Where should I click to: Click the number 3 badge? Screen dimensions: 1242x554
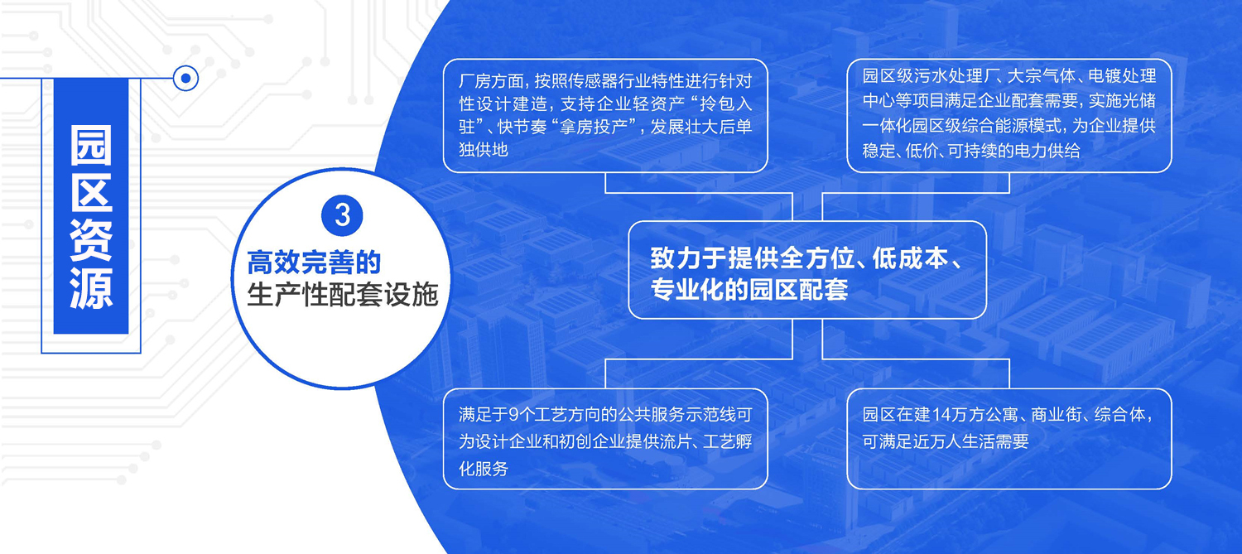click(x=342, y=215)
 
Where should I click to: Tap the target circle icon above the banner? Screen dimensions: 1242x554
click(x=185, y=78)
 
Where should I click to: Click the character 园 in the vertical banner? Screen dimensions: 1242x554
click(x=91, y=145)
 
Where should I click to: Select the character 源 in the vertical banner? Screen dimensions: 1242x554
click(x=91, y=289)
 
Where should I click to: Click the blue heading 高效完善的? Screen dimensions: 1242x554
click(x=314, y=263)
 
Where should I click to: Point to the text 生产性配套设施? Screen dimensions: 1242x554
click(x=343, y=295)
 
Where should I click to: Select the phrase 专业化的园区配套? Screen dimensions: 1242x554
click(x=749, y=289)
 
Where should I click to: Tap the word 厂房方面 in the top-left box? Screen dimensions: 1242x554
click(x=491, y=81)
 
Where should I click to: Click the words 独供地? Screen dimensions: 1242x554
click(x=484, y=150)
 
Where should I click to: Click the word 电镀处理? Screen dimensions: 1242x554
click(x=1122, y=75)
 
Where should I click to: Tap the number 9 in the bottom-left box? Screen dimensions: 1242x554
click(x=514, y=414)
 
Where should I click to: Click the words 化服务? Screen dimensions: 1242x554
click(x=484, y=469)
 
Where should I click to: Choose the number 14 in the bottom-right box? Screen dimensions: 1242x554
click(x=942, y=414)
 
